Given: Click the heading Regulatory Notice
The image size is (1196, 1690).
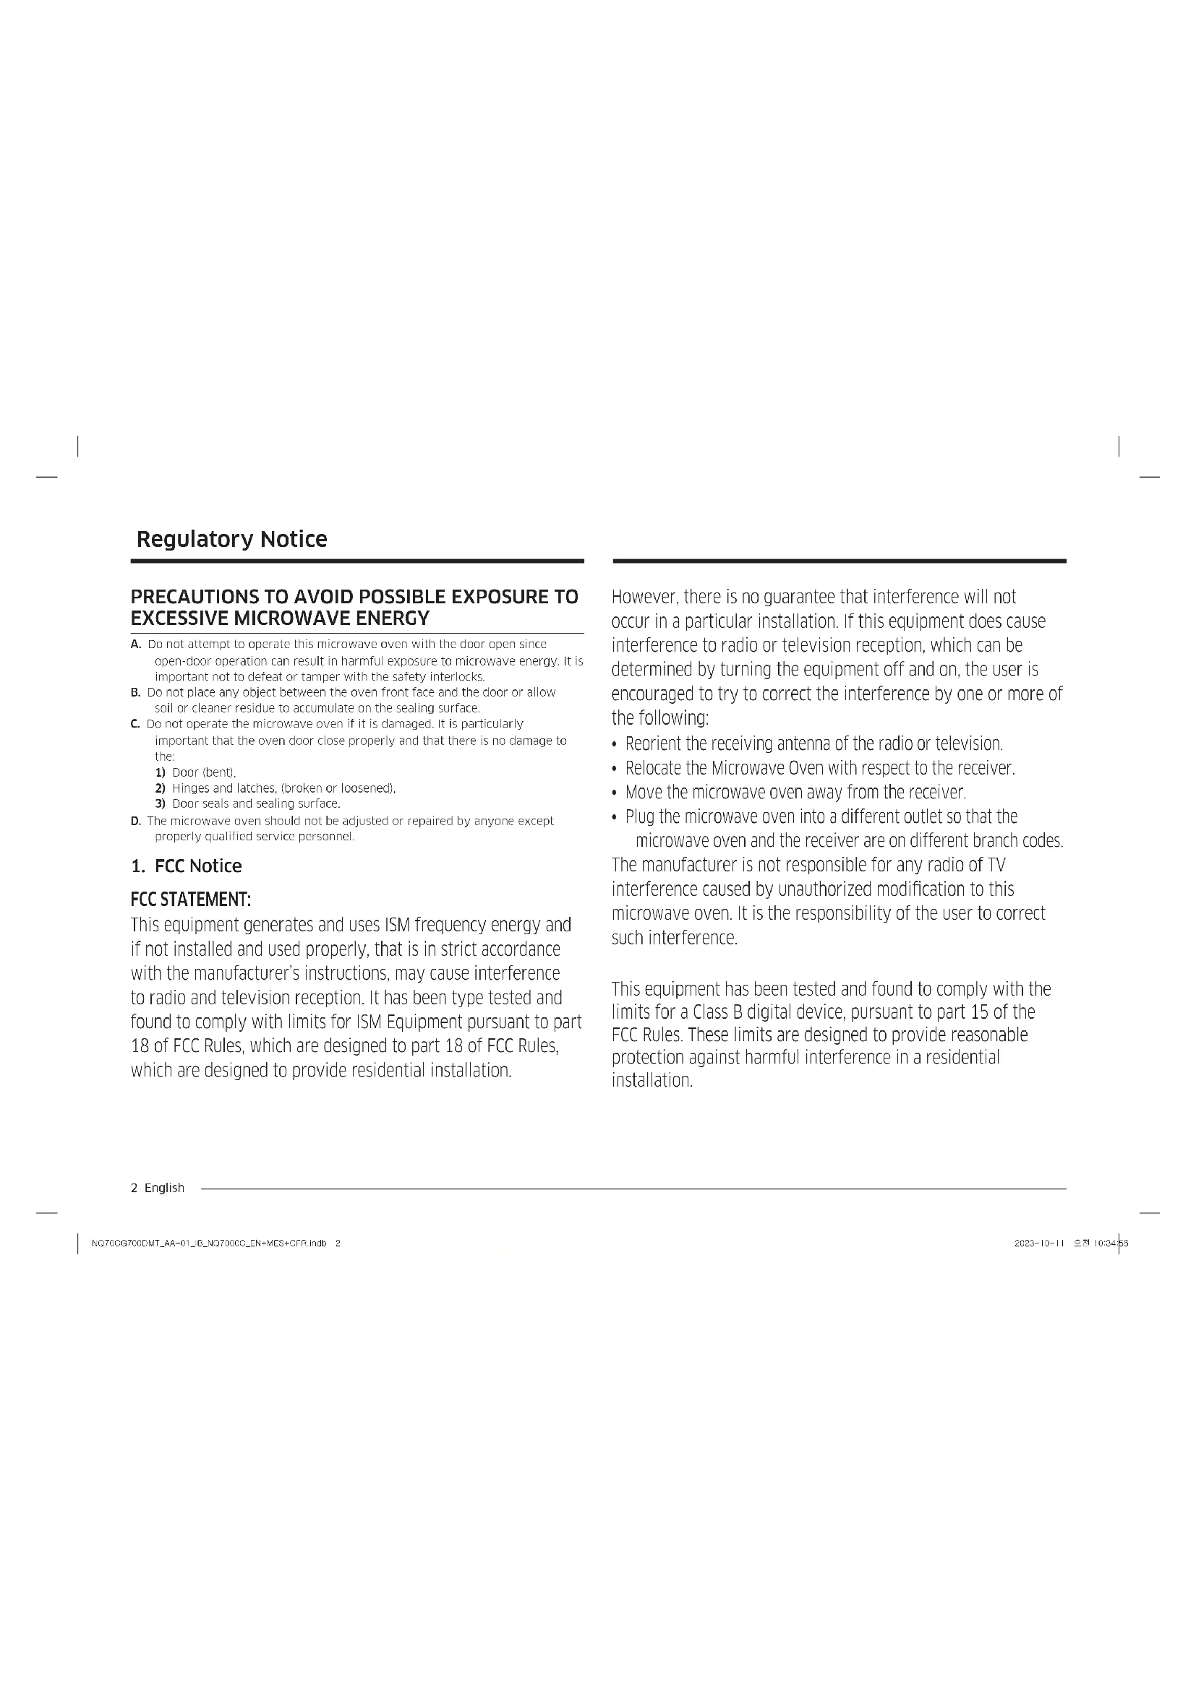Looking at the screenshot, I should pyautogui.click(x=231, y=539).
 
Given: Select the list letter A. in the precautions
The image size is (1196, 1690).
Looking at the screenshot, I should pyautogui.click(x=135, y=644).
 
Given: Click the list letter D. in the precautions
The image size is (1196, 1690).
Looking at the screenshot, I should pyautogui.click(x=135, y=821).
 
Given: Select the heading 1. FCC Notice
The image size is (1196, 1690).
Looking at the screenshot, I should pyautogui.click(x=187, y=866).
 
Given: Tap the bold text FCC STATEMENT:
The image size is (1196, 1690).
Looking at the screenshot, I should pyautogui.click(x=191, y=900).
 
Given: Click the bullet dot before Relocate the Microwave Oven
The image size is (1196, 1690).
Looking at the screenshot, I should pyautogui.click(x=615, y=769).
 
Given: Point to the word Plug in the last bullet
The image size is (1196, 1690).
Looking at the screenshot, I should pyautogui.click(x=639, y=816).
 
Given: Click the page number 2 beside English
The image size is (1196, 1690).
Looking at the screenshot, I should pyautogui.click(x=134, y=1188).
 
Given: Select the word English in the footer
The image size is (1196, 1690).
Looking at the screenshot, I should pyautogui.click(x=164, y=1188).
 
